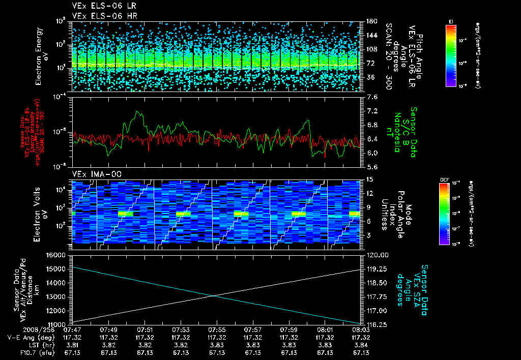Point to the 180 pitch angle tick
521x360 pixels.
coord(370,21)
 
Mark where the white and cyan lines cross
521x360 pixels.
coord(214,295)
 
